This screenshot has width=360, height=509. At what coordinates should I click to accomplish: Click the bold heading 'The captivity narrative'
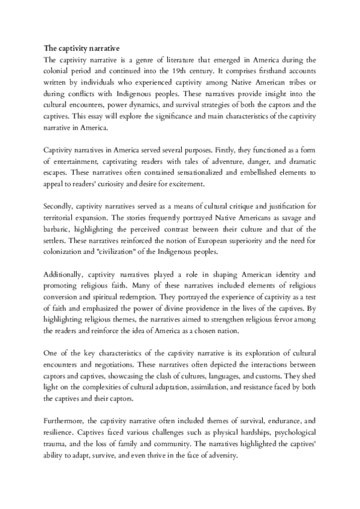82,47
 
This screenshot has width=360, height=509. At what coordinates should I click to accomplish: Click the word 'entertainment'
75,162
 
